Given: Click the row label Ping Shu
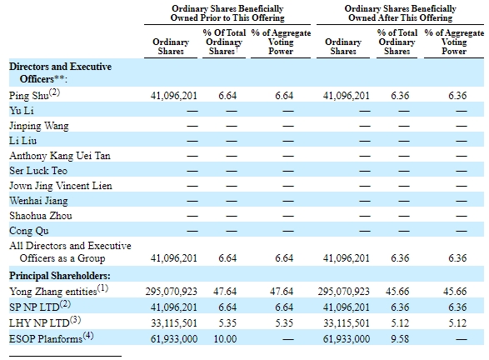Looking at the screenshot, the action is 29,96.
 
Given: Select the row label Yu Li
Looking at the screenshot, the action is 22,111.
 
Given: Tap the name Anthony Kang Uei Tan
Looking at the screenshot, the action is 60,155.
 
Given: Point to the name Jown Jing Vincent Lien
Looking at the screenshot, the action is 61,186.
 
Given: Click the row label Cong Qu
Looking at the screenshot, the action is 29,231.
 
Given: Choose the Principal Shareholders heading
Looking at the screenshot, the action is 60,276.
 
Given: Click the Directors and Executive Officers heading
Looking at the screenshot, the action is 61,72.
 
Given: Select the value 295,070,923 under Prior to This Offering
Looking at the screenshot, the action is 172,292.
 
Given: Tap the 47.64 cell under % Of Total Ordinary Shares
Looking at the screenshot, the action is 225,292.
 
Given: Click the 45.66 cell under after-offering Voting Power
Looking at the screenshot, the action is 455,292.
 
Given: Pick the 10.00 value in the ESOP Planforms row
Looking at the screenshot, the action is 225,339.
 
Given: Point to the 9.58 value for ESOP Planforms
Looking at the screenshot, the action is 400,339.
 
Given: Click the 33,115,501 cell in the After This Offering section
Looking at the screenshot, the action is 347,322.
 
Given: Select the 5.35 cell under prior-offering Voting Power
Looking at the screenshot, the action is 284,322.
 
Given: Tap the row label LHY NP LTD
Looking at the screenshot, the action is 39,322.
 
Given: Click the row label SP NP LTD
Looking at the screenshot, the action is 34,307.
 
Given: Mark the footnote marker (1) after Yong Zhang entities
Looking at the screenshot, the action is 103,288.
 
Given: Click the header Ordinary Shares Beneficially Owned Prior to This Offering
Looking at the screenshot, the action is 227,13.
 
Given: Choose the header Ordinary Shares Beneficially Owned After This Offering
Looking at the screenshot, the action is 401,13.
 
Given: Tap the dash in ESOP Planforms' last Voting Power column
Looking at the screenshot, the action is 462,339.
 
